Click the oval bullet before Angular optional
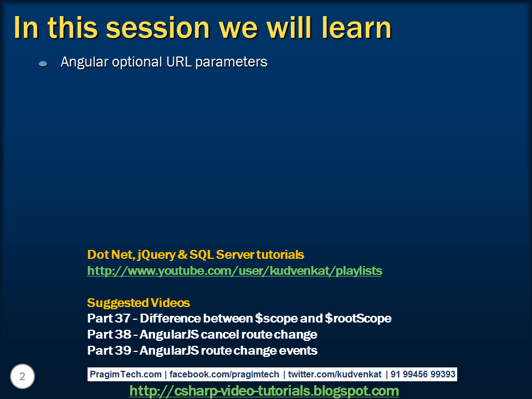43,64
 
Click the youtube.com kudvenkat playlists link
234,271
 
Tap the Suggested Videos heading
139,303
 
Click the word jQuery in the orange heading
157,255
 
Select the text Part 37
109,319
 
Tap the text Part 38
109,335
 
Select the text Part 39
109,351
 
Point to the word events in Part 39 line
299,351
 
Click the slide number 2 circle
22,377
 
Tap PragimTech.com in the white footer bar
126,375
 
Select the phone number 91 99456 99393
423,375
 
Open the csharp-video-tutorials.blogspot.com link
264,391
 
